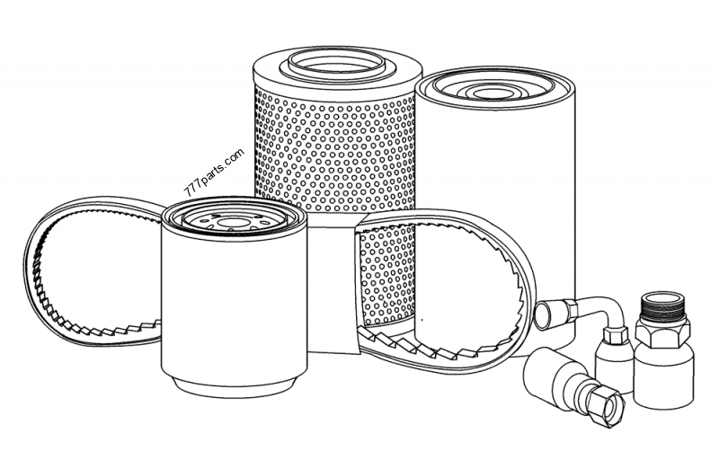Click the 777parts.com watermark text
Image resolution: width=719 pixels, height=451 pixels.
214,172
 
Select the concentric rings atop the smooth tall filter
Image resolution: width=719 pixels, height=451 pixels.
493,91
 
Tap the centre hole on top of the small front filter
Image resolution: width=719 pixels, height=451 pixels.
232,223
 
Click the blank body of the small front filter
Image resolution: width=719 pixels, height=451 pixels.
234,303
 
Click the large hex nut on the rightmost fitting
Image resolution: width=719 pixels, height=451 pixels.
662,332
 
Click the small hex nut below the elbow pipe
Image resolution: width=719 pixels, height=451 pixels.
615,336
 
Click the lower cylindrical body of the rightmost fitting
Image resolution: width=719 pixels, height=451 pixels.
663,376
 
